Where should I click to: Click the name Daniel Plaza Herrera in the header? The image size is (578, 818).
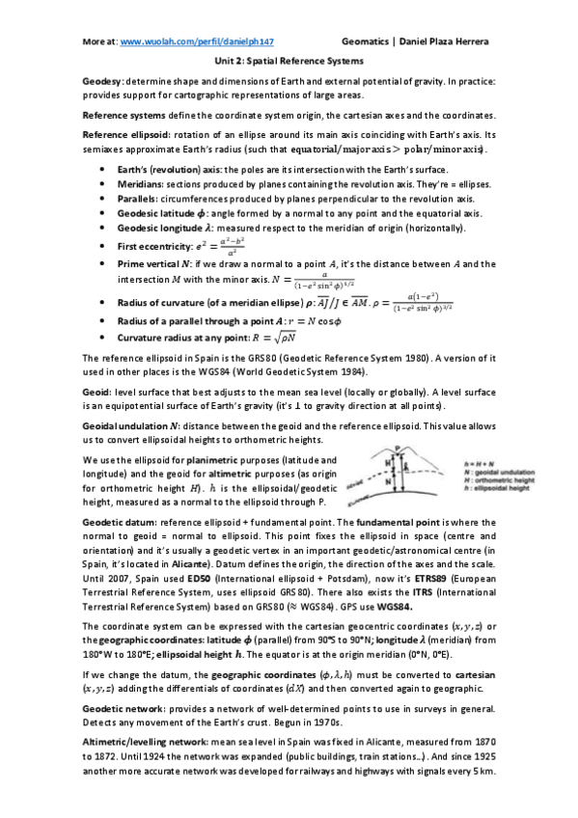tap(450, 43)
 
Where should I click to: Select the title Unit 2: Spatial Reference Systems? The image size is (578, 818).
tap(289, 61)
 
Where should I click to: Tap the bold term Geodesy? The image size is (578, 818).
tap(102, 80)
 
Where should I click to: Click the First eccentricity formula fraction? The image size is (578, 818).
tap(219, 246)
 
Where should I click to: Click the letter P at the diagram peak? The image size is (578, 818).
tap(397, 448)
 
